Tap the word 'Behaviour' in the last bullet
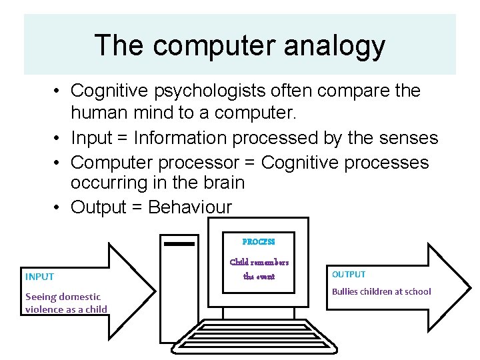point(190,207)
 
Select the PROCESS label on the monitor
point(259,242)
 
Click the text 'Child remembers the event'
point(259,269)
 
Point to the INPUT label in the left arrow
point(39,277)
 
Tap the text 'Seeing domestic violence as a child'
point(65,303)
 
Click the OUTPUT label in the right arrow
point(349,274)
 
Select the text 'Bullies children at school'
point(381,291)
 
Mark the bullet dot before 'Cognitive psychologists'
point(59,91)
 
